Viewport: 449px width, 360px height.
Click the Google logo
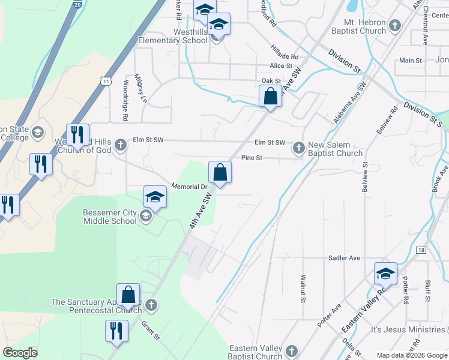click(20, 353)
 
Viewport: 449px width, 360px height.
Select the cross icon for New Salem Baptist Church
click(298, 148)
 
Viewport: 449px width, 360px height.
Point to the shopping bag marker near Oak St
click(270, 96)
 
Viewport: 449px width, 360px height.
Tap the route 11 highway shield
click(106, 80)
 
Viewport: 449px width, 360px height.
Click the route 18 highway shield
click(420, 249)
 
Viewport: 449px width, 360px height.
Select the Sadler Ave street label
click(344, 258)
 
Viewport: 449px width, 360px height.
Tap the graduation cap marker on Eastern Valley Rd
click(385, 274)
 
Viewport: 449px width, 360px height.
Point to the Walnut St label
click(303, 289)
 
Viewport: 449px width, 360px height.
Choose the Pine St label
click(249, 158)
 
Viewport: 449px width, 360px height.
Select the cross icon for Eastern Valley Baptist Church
click(291, 350)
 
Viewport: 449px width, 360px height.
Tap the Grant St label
click(150, 330)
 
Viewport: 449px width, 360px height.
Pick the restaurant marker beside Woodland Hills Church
click(77, 136)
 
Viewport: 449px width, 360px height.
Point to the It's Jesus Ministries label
click(408, 330)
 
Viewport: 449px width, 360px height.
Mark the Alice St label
click(281, 66)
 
